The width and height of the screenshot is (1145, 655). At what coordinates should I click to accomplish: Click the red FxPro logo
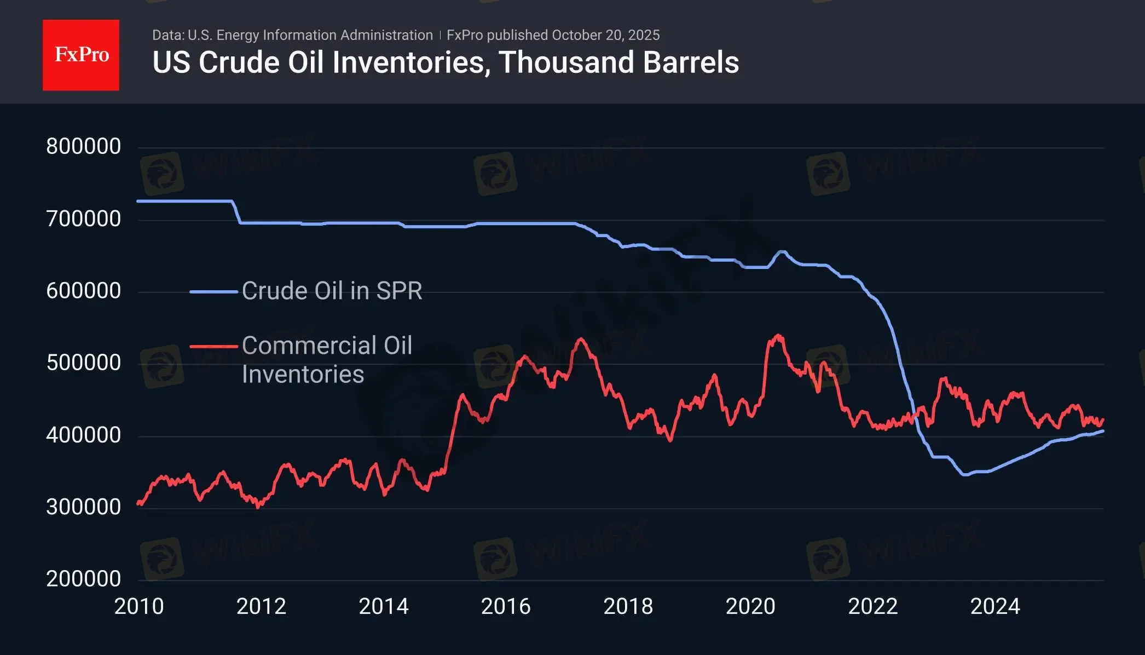tap(81, 55)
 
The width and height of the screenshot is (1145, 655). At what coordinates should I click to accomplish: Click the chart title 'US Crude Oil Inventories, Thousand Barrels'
tap(446, 62)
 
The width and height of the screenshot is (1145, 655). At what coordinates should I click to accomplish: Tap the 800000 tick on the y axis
tap(84, 146)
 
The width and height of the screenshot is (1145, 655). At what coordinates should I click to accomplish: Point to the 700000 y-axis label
tap(84, 219)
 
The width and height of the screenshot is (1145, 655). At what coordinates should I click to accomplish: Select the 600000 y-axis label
tap(84, 290)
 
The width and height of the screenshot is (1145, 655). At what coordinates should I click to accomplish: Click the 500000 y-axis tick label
tap(84, 363)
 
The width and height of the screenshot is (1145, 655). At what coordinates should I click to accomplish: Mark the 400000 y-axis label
tap(84, 435)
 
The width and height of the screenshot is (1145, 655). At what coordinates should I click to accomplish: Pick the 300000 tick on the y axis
tap(84, 507)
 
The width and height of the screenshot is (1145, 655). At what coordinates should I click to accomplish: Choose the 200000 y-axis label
tap(84, 579)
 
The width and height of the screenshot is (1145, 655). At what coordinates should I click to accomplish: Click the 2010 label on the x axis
tap(139, 606)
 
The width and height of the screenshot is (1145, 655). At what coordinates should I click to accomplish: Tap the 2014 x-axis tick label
tap(384, 606)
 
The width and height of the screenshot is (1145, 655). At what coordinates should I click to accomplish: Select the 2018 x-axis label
tap(628, 606)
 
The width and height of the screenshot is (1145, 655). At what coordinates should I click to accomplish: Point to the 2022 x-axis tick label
tap(873, 606)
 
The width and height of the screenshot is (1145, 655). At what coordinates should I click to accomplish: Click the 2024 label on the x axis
tap(995, 606)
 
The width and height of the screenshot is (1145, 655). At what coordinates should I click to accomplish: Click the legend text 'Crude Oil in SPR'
tap(332, 291)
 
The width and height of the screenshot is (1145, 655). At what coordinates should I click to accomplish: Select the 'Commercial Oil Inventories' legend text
tap(327, 360)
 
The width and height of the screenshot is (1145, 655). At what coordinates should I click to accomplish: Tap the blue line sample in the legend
tap(213, 291)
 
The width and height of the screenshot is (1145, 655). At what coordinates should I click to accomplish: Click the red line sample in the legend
tap(213, 346)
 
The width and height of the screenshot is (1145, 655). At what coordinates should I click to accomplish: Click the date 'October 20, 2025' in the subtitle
tap(605, 35)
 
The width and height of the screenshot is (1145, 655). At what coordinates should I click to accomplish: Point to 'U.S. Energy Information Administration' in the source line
tap(310, 35)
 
